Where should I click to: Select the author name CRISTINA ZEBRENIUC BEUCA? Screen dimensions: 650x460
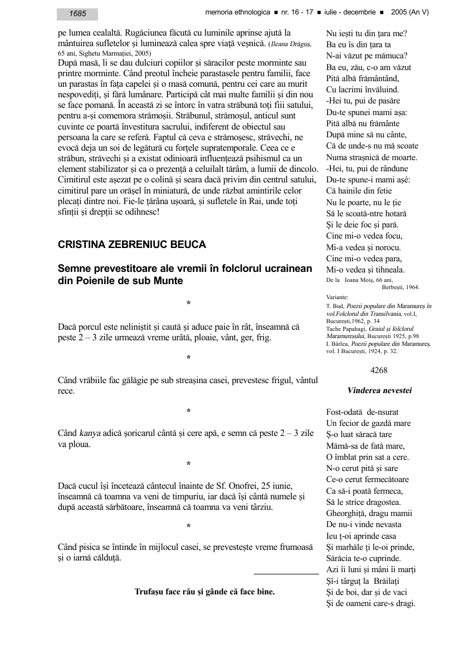coord(132,245)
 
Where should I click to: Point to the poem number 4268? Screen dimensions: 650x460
coord(379,370)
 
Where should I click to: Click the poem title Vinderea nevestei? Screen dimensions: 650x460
coord(379,390)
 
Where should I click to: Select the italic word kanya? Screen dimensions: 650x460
coord(90,433)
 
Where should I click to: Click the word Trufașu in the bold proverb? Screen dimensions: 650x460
coord(151,592)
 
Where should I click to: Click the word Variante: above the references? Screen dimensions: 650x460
coord(337,297)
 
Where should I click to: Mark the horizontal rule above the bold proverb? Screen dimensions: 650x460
coord(286,573)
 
